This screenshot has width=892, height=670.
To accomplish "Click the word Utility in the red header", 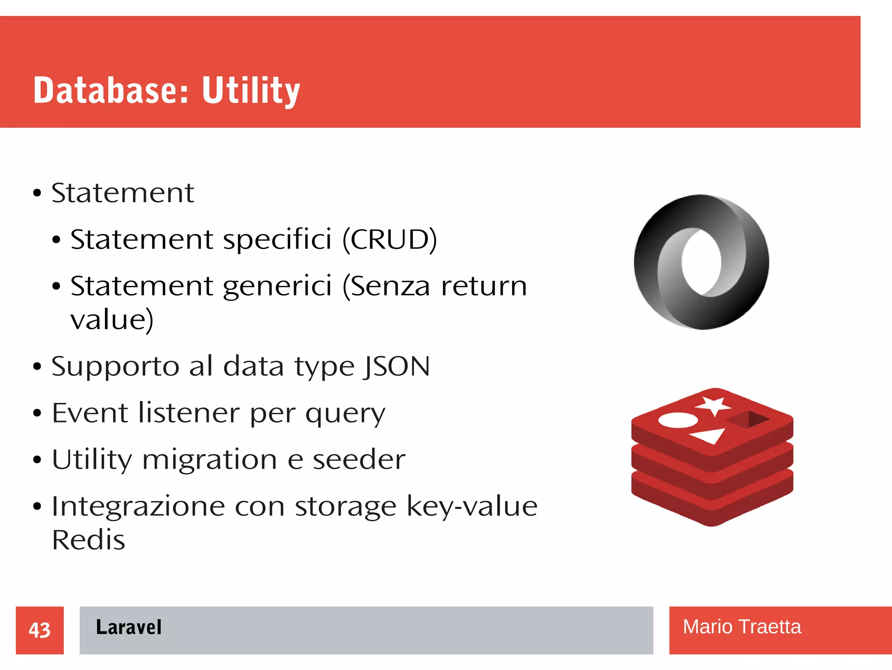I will pyautogui.click(x=251, y=90).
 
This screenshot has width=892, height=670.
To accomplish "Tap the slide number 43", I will pyautogui.click(x=40, y=630).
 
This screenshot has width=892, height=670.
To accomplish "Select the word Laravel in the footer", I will pyautogui.click(x=128, y=627).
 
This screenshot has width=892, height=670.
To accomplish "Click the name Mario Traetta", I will pyautogui.click(x=741, y=627).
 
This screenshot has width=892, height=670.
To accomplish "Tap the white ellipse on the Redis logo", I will pyautogui.click(x=678, y=420).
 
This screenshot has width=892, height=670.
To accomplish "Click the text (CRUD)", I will pyautogui.click(x=389, y=239).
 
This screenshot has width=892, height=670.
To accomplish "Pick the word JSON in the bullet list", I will pyautogui.click(x=397, y=366).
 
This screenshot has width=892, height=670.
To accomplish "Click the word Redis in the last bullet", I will pyautogui.click(x=88, y=540).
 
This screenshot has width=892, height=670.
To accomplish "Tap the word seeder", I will pyautogui.click(x=359, y=459).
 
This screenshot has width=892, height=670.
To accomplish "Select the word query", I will pyautogui.click(x=345, y=413).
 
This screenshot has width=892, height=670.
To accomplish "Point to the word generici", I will pyautogui.click(x=277, y=286).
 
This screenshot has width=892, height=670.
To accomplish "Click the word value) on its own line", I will pyautogui.click(x=112, y=320).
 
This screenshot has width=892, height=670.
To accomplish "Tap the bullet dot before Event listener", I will pyautogui.click(x=37, y=413).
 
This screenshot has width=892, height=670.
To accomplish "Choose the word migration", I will pyautogui.click(x=209, y=459).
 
